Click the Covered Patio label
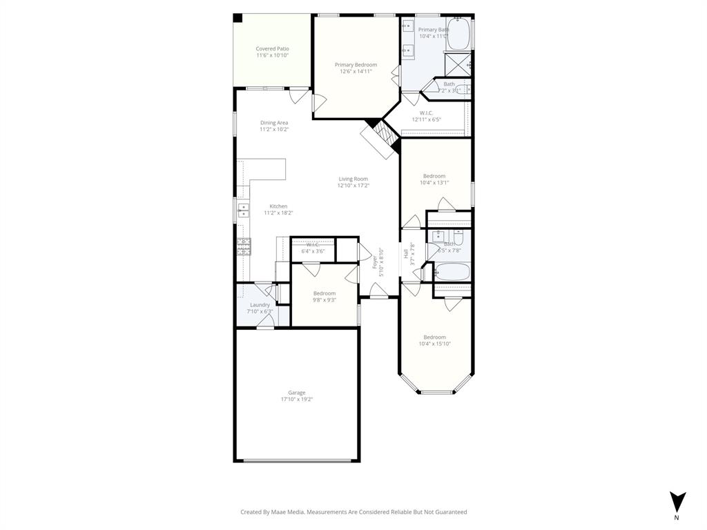[x=272, y=49]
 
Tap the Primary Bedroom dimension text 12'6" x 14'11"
[x=356, y=71]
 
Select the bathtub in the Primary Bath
[x=458, y=34]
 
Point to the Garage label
[x=296, y=393]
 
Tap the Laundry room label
[x=260, y=304]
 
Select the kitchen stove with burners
[x=244, y=246]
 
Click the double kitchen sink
[x=244, y=210]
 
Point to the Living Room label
[x=353, y=179]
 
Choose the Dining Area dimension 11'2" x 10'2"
[x=273, y=129]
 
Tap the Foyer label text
[x=376, y=262]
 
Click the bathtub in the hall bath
[x=452, y=272]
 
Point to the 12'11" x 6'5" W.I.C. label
[x=426, y=119]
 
